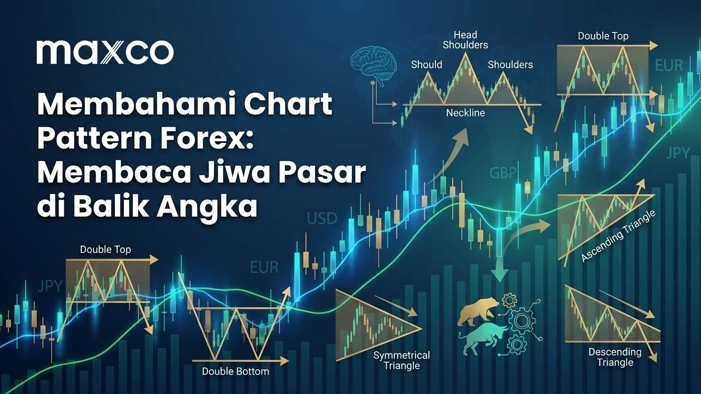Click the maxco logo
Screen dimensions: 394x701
point(105,52)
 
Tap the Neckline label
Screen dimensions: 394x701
point(465,113)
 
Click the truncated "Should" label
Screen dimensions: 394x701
point(426,65)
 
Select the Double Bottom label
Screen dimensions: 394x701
point(235,371)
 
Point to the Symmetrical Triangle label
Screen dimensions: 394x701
point(401,360)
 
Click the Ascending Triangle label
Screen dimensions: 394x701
point(618,237)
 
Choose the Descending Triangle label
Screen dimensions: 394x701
point(615,357)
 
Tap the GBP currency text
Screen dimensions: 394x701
point(503,173)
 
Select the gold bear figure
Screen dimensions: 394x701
point(478,310)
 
